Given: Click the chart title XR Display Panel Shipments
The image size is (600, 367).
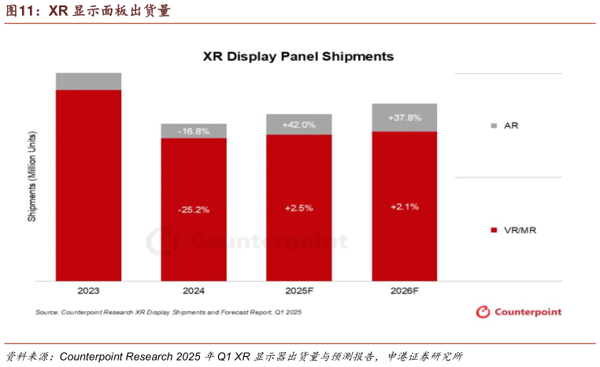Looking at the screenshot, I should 298,57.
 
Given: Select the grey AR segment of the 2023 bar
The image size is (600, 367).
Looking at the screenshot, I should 88,81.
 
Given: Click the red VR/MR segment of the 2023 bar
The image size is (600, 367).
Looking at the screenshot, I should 88,185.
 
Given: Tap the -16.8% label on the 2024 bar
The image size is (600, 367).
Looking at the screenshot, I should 194,132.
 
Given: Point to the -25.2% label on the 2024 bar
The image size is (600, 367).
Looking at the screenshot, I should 194,210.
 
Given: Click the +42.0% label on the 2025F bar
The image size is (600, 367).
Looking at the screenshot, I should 299,124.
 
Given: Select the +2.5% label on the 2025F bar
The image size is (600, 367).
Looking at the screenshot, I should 299,208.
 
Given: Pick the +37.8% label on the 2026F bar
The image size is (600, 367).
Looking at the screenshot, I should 405,117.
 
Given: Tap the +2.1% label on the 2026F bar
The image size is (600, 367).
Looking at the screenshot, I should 405,206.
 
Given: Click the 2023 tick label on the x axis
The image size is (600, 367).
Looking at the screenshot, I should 88,291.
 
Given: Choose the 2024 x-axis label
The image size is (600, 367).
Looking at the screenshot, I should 194,291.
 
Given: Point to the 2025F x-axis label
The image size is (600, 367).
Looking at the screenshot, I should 299,291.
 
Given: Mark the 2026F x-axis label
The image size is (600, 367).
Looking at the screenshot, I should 405,291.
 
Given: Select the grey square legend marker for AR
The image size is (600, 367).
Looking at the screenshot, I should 494,126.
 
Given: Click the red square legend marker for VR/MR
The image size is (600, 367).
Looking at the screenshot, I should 494,230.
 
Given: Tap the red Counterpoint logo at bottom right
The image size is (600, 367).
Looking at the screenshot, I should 519,312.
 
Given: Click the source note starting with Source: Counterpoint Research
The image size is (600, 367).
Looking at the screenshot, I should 168,313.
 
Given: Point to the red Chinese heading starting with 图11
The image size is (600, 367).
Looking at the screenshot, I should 87,11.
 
